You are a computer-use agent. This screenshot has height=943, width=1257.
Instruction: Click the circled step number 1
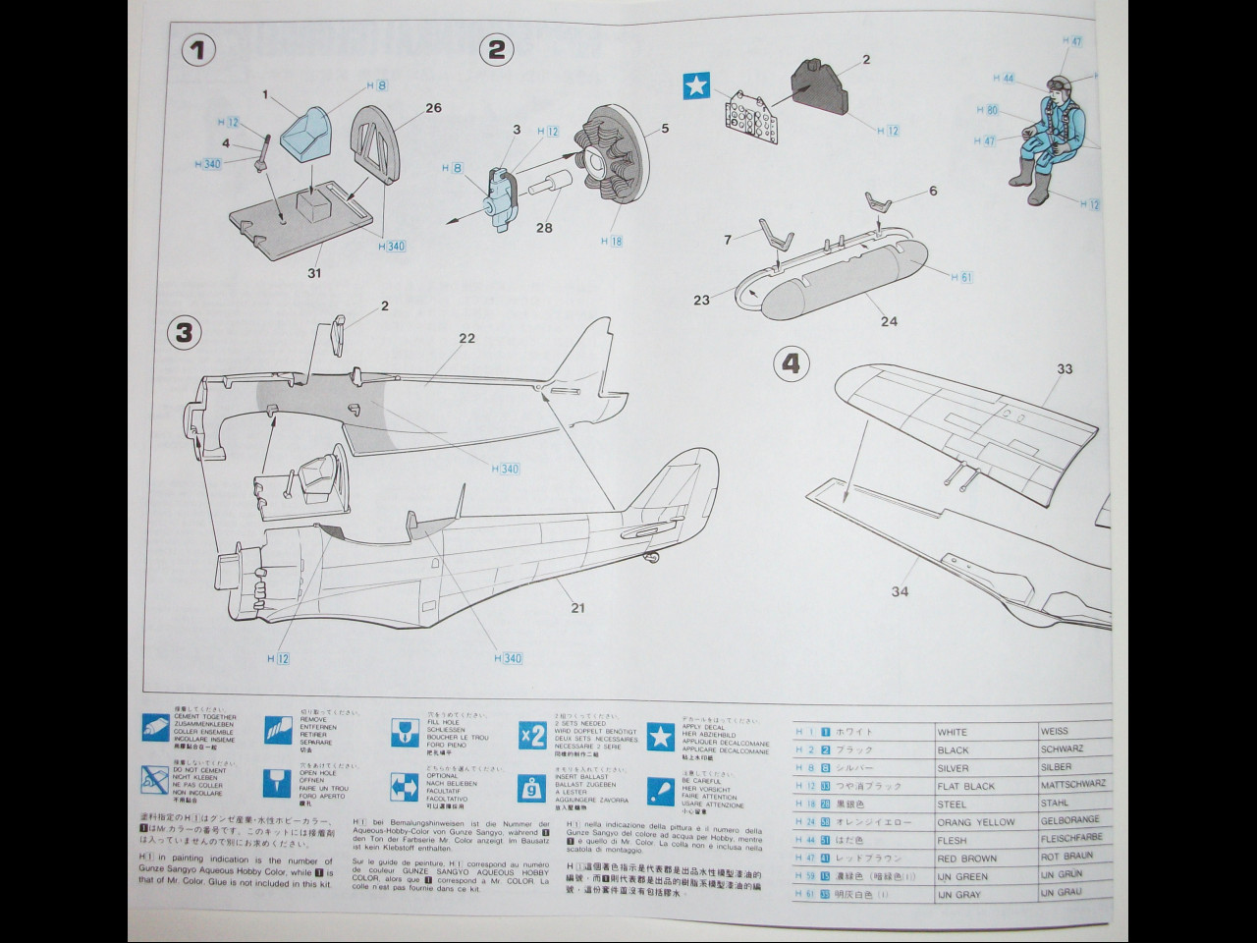(x=198, y=50)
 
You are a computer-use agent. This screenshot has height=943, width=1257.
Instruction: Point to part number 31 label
(x=314, y=273)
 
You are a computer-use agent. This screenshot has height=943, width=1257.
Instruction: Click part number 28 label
(x=544, y=229)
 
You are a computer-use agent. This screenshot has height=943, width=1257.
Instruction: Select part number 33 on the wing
(x=1065, y=369)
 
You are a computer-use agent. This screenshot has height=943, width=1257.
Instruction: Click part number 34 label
(x=900, y=590)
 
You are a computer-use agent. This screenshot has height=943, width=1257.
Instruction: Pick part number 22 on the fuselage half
(x=466, y=338)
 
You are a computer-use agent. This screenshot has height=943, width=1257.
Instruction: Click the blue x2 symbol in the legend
(x=532, y=736)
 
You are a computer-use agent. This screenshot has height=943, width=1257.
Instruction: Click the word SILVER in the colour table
(x=953, y=768)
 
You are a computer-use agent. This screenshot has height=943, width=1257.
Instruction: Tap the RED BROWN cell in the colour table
(x=967, y=859)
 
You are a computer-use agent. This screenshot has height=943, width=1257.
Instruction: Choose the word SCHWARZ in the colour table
(x=1063, y=749)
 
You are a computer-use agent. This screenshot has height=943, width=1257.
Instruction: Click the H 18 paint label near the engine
(x=613, y=241)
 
